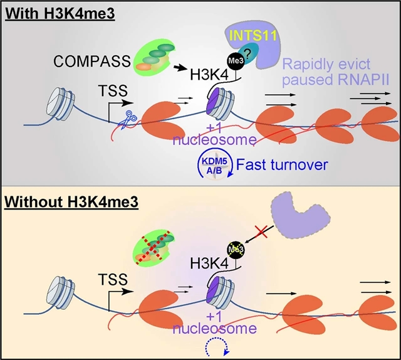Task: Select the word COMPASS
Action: pyautogui.click(x=87, y=61)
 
